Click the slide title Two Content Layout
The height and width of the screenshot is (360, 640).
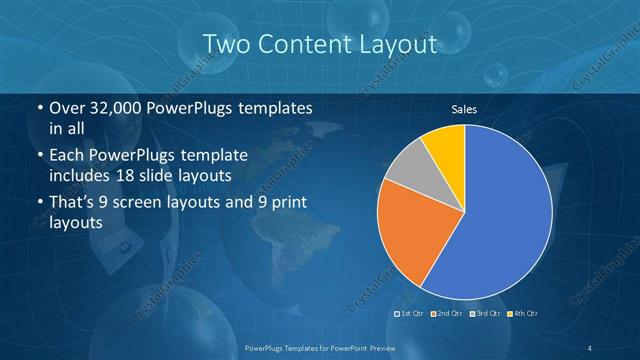(x=320, y=44)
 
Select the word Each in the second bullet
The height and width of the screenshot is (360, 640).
(x=67, y=156)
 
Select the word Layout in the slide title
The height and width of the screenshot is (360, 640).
(x=401, y=44)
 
